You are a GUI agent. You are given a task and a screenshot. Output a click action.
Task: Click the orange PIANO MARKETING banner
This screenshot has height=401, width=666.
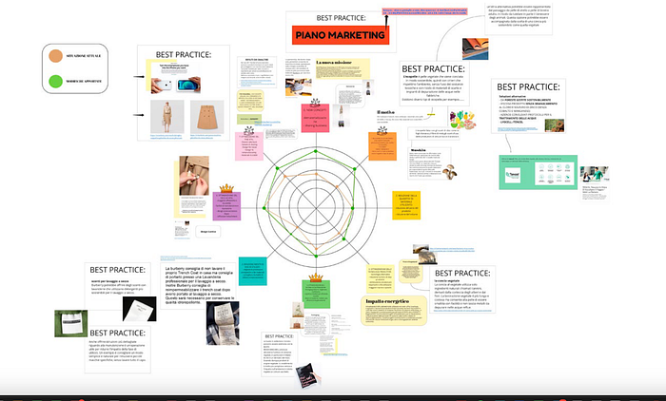click(x=341, y=36)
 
